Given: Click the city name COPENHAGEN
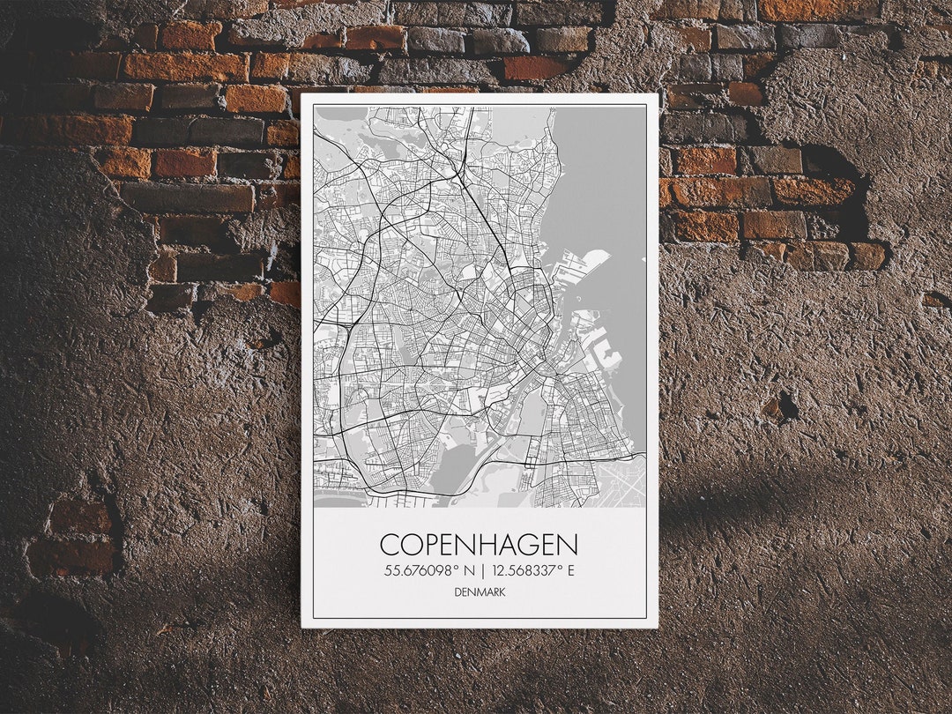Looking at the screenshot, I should pos(480,544).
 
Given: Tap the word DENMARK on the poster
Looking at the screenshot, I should pos(480,591).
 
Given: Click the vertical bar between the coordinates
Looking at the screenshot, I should pos(483,570).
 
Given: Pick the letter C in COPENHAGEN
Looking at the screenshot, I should pos(390,544).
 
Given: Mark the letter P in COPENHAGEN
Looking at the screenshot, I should pos(432,544).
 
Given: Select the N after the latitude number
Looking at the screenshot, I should pos(472,570).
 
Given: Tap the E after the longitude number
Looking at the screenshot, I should pos(570,570).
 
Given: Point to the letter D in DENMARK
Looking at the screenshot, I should pos(458,591).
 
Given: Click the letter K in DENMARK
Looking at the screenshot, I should pos(502,591).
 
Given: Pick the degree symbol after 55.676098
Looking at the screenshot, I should pos(459,567).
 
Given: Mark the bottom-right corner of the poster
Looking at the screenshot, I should pos(658,627).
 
